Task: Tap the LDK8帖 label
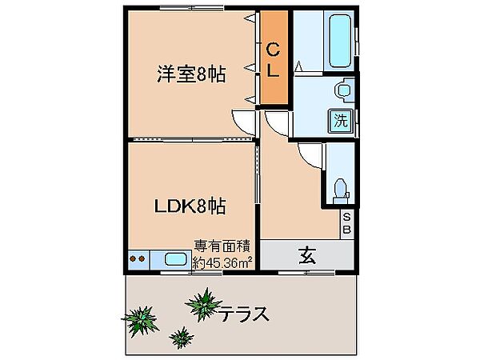189,206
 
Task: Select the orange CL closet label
273,61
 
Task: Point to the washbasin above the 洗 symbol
342,91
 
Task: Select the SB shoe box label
347,222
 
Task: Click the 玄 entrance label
306,256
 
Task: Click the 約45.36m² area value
223,261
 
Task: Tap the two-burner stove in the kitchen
137,259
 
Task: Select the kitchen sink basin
175,259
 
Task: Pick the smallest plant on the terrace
181,335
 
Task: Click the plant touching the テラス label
203,304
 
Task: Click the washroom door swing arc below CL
275,122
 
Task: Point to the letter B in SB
347,229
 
